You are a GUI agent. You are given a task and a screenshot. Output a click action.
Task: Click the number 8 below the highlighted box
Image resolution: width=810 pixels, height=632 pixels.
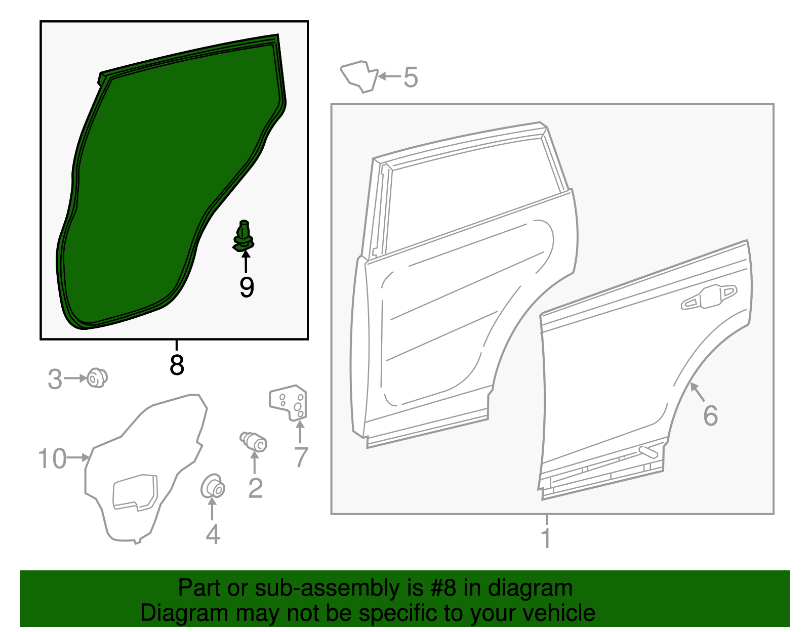point(177,365)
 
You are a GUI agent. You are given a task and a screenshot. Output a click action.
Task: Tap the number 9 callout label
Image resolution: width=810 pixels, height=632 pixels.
point(247,288)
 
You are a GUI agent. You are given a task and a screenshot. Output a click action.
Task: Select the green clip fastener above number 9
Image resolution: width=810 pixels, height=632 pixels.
point(244,237)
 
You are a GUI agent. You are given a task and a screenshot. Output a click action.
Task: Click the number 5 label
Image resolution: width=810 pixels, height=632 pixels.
point(411,78)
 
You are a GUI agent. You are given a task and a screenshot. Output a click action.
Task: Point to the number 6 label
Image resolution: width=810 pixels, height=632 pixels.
point(710,416)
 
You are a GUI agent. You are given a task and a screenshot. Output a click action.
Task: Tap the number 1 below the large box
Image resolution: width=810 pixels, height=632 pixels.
point(546,538)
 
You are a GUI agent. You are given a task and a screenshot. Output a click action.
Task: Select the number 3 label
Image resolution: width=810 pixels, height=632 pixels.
point(55,380)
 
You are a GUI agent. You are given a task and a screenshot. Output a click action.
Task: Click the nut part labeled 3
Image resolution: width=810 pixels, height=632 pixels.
point(97,378)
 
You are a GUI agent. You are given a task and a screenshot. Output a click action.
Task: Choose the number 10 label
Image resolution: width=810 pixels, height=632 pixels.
point(52,459)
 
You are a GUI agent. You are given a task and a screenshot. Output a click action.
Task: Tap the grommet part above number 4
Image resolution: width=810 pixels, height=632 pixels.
point(213,487)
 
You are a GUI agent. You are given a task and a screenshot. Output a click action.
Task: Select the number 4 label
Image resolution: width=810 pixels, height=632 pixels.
point(213,535)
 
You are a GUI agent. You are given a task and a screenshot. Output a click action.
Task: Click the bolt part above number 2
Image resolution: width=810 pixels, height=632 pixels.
point(254,441)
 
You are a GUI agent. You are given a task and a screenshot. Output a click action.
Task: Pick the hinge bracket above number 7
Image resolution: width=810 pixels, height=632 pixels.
point(289,403)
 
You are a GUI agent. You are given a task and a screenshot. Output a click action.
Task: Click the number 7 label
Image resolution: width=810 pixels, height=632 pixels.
point(301,457)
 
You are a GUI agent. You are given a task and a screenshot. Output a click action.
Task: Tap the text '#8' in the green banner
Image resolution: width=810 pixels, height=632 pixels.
point(443,588)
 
